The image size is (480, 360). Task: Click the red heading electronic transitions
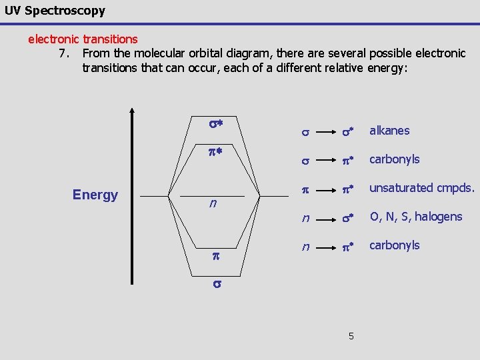pos(83,39)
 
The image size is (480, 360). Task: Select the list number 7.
pos(64,53)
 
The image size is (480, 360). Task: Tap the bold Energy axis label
pos(95,195)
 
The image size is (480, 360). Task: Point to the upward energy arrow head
pos(133,111)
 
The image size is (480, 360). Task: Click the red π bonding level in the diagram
pos(215,256)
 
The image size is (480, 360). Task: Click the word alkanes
pos(389,131)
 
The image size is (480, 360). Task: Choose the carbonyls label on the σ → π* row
pos(395,159)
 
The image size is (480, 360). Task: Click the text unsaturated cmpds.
pos(421,188)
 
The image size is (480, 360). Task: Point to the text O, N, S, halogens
pos(415,217)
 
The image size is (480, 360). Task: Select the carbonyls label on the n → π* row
pos(395,245)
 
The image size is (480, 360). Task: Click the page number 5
pos(351,335)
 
